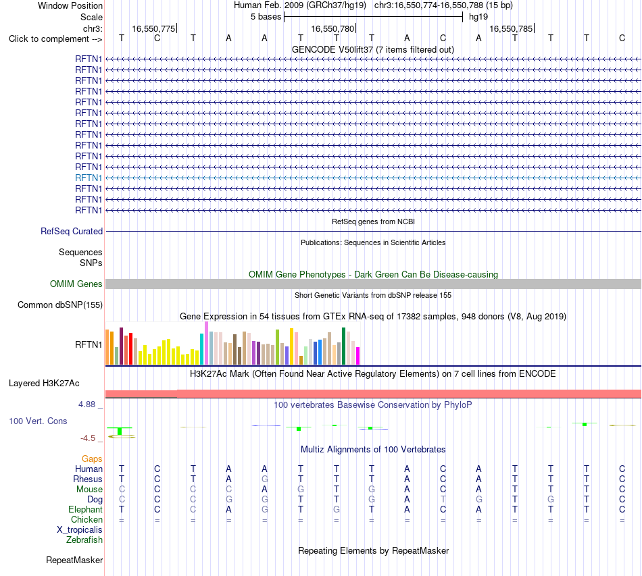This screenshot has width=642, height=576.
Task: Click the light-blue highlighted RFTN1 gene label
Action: (x=89, y=178)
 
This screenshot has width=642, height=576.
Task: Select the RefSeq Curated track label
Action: (x=72, y=231)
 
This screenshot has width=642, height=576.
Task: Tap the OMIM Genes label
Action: (x=76, y=284)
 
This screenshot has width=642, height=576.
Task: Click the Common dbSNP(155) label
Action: (x=60, y=305)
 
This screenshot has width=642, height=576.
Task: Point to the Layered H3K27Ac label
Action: (x=44, y=384)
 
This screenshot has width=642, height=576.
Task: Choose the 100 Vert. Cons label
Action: (x=38, y=421)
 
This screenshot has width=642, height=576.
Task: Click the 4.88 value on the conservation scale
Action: (x=87, y=404)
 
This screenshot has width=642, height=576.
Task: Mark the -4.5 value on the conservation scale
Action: (x=88, y=438)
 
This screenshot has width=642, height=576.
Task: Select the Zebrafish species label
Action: (x=84, y=540)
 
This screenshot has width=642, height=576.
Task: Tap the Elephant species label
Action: (x=86, y=509)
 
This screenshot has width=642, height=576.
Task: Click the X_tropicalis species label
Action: (x=80, y=530)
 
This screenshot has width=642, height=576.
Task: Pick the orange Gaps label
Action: (x=92, y=459)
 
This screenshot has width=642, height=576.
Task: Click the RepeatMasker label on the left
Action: (x=74, y=560)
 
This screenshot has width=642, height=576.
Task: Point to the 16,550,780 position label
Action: (x=332, y=28)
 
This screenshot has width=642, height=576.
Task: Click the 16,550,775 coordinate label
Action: (x=153, y=28)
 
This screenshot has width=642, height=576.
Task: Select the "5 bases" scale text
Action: (x=266, y=17)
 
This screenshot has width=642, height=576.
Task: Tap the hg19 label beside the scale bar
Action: (x=478, y=17)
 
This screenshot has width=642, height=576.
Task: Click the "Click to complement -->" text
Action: (x=55, y=39)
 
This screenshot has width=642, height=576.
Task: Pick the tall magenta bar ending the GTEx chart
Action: (x=358, y=356)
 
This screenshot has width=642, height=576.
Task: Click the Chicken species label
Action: (x=87, y=519)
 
